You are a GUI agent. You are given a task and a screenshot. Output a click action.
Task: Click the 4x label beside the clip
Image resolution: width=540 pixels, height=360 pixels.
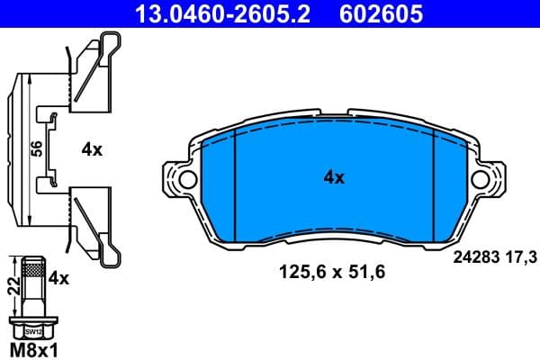click(92, 151)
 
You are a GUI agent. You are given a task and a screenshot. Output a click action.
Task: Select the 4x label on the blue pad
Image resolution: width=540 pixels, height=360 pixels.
click(334, 178)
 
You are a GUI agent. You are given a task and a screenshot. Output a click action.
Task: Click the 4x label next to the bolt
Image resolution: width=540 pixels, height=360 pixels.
click(58, 279)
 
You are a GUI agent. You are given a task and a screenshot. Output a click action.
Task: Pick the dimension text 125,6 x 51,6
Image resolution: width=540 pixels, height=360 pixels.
click(333, 270)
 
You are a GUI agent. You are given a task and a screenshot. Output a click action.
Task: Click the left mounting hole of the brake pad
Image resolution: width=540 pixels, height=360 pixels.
click(185, 180)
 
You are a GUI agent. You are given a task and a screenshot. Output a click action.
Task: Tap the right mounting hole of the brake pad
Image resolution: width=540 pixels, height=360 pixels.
click(482, 180)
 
